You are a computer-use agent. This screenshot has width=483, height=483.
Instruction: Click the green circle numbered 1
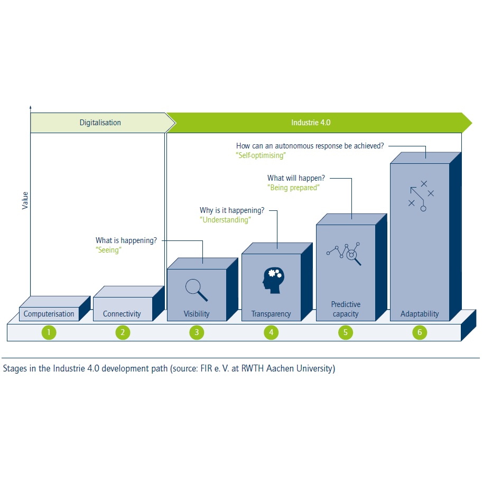point(49,332)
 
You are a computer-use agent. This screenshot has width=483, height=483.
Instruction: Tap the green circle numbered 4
point(271,332)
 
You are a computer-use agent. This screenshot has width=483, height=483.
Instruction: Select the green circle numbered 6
point(420,332)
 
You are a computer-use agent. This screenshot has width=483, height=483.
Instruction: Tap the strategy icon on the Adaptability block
point(421,196)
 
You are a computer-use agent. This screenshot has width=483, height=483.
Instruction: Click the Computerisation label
point(49,314)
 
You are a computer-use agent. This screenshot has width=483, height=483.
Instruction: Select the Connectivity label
point(122,314)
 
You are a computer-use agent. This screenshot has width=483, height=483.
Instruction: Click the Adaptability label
point(420,314)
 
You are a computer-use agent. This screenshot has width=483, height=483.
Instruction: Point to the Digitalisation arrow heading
point(100,123)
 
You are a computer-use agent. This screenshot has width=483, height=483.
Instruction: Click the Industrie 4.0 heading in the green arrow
point(311,123)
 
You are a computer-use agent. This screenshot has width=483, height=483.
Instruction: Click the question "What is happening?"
point(126,240)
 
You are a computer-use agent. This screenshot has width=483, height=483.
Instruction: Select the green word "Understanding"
point(226,220)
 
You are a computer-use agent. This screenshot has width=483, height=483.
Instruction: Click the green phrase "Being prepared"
point(293,188)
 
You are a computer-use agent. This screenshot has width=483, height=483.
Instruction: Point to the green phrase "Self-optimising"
point(261,156)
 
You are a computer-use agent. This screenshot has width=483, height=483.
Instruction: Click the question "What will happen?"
point(296,178)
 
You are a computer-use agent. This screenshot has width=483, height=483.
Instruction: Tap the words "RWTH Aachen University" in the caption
point(290,369)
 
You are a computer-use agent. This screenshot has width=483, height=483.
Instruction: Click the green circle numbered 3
point(197,332)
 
